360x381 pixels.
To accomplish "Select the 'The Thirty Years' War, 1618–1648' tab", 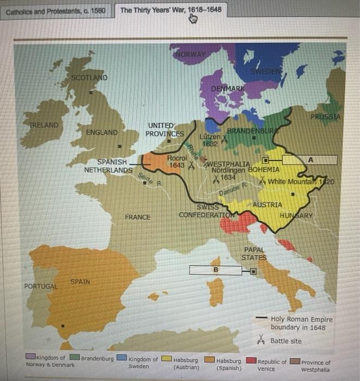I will pyautogui.click(x=170, y=10).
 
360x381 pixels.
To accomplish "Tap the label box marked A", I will pyautogui.click(x=310, y=160).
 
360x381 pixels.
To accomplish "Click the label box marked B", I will pyautogui.click(x=216, y=270).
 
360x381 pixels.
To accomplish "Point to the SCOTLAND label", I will pyautogui.click(x=89, y=77).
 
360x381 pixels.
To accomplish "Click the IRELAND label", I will pyautogui.click(x=43, y=125).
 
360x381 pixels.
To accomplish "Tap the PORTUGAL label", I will pyautogui.click(x=40, y=286).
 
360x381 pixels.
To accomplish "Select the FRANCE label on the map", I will pyautogui.click(x=137, y=217).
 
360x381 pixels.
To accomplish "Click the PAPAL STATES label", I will pyautogui.click(x=254, y=253).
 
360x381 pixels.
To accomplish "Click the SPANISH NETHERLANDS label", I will pyautogui.click(x=108, y=166).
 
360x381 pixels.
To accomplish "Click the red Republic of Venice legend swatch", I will pyautogui.click(x=251, y=360).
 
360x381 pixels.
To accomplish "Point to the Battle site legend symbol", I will pyautogui.click(x=261, y=341).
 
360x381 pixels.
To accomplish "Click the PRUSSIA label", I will pyautogui.click(x=325, y=116).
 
